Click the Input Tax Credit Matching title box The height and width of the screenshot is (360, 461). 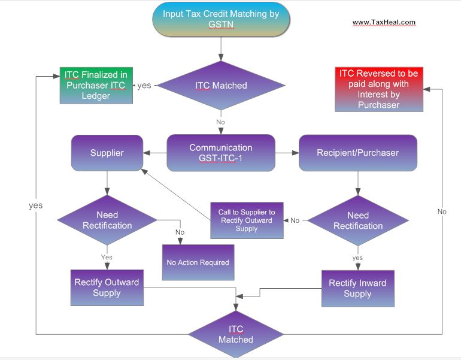[221, 19]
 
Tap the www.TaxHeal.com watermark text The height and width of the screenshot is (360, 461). [384, 23]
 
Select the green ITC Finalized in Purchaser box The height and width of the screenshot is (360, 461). [96, 85]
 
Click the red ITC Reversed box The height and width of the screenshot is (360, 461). [378, 89]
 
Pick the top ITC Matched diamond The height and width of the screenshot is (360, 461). [221, 86]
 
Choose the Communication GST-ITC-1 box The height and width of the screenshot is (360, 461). [221, 153]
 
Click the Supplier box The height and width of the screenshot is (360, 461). [107, 153]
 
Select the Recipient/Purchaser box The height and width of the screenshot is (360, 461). [357, 153]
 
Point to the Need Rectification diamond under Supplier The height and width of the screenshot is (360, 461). [107, 220]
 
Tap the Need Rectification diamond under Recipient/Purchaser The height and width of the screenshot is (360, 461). [358, 220]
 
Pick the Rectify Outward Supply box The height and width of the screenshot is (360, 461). [107, 288]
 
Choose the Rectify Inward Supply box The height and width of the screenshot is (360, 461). [358, 288]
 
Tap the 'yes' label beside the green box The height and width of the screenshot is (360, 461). [144, 86]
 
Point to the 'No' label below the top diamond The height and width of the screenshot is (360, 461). [221, 122]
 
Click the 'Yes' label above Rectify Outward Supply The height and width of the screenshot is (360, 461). [107, 257]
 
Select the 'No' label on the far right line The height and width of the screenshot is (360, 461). [442, 211]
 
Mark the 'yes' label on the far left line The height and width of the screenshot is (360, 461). [36, 205]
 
